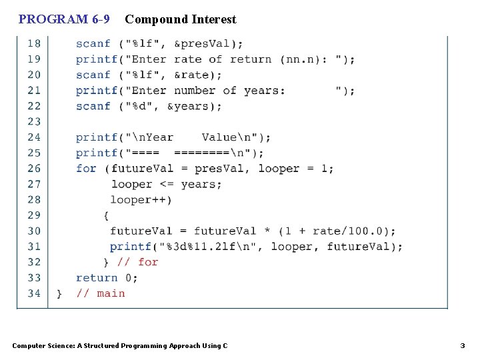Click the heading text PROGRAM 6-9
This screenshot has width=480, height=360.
pos(64,19)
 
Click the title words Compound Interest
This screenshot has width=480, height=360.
pos(180,19)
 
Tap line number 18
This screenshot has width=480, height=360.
pos(33,43)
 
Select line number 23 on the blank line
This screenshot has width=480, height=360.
pos(33,121)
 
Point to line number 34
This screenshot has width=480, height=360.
pos(33,293)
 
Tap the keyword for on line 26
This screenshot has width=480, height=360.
pos(86,168)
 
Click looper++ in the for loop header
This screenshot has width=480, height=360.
pos(140,199)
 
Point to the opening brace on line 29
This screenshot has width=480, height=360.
pos(106,215)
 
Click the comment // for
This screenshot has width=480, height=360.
pos(138,262)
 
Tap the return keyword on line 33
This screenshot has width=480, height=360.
pos(97,277)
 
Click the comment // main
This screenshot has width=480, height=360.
pos(101,293)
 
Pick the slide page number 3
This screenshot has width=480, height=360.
pos(463,345)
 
